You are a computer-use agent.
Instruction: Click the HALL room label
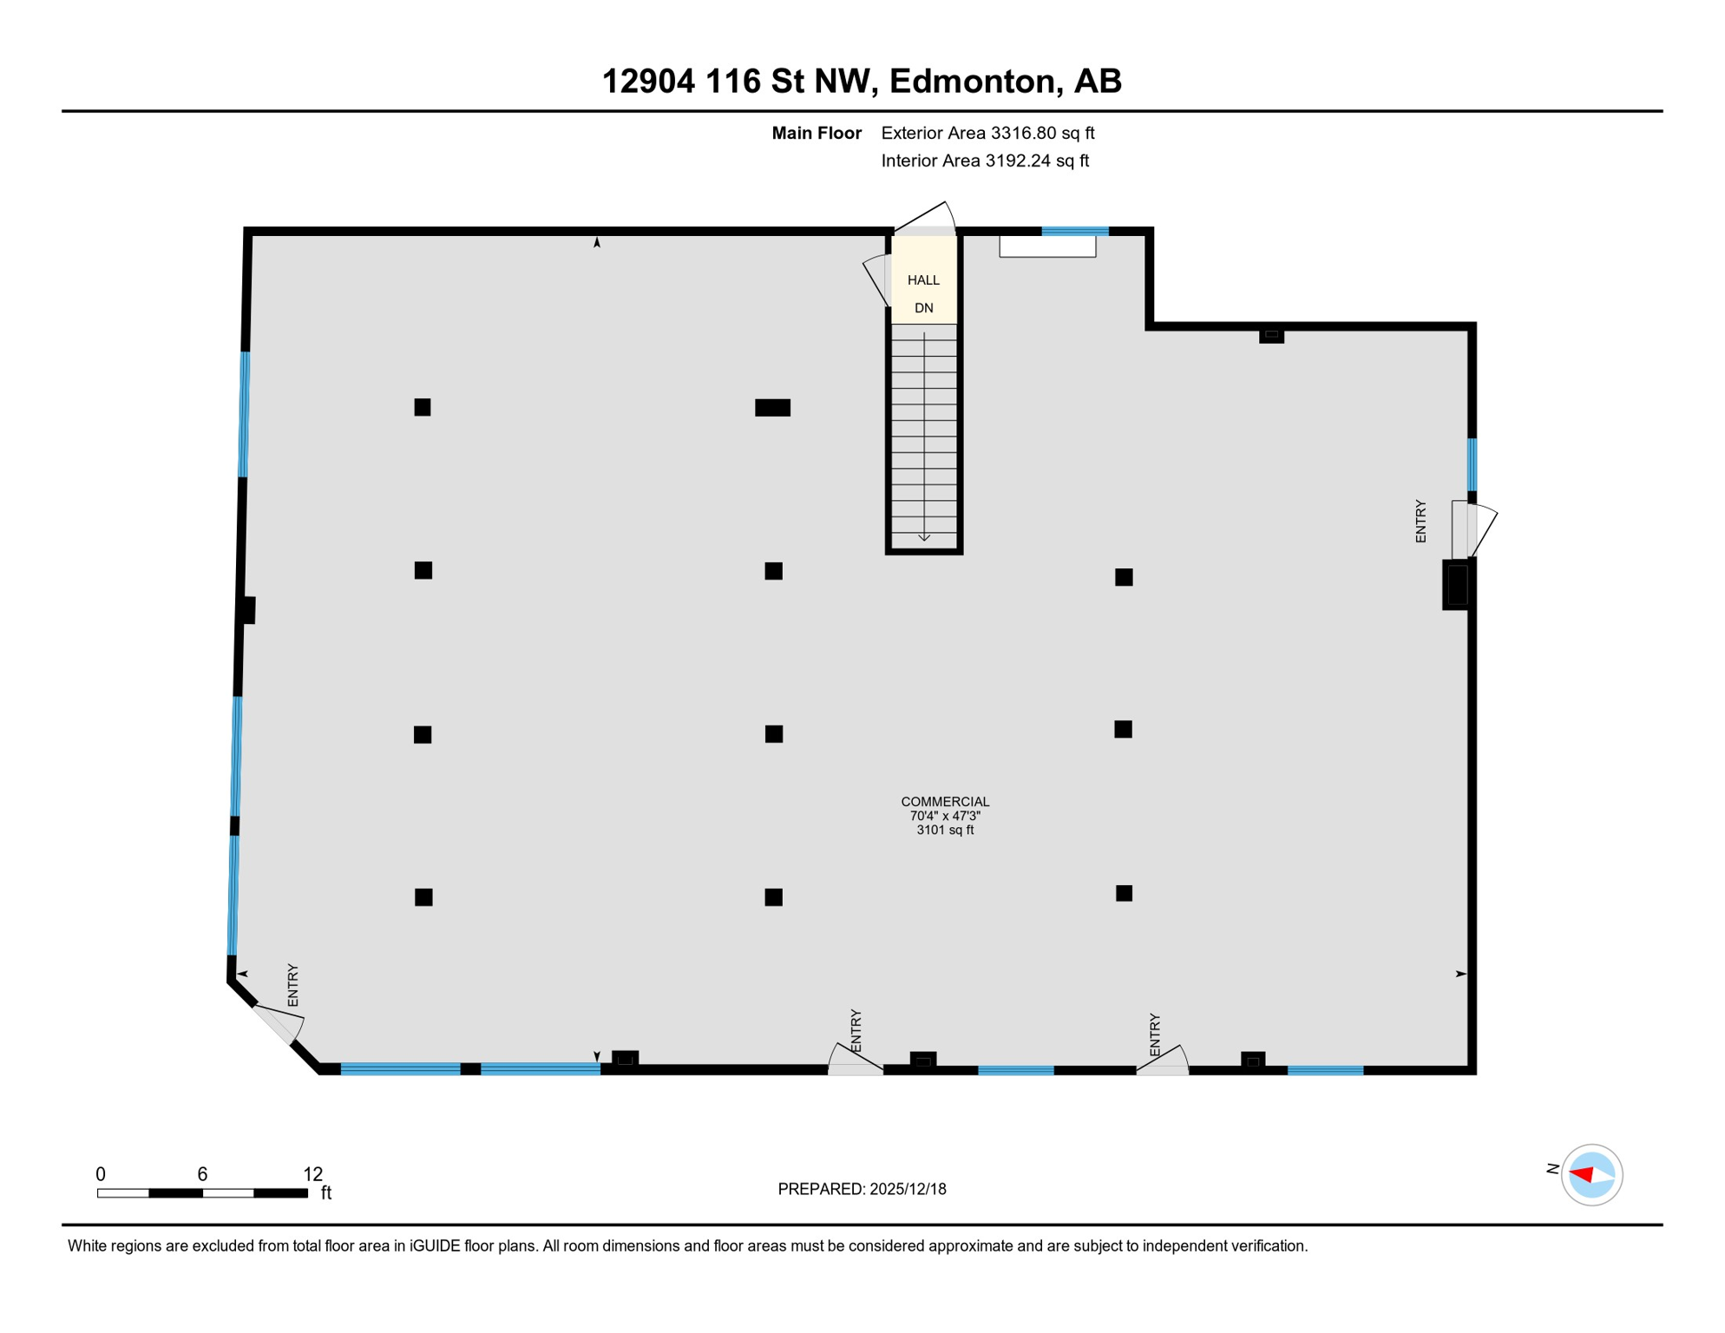(x=923, y=280)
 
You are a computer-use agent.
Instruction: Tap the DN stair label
(x=923, y=308)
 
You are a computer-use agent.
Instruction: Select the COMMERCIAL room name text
(x=945, y=802)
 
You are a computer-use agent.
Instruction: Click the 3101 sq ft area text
(x=945, y=831)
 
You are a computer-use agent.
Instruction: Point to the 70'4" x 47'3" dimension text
(x=945, y=817)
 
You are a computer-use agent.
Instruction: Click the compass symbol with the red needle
(x=1591, y=1175)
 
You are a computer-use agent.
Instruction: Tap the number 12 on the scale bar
(x=313, y=1174)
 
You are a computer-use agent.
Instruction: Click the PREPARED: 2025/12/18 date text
(x=862, y=1189)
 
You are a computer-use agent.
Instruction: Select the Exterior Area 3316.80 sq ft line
(x=987, y=133)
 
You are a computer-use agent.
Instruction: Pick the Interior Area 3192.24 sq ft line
(x=985, y=161)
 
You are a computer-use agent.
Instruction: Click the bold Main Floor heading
(x=817, y=133)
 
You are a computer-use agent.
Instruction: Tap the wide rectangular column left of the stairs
(x=772, y=408)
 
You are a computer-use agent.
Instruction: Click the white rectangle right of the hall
(x=1047, y=246)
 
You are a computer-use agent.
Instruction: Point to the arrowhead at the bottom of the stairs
(x=924, y=538)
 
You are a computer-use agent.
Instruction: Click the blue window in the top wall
(x=1075, y=231)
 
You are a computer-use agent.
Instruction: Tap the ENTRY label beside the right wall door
(x=1420, y=522)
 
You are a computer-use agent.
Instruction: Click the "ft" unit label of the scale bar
(x=326, y=1193)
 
